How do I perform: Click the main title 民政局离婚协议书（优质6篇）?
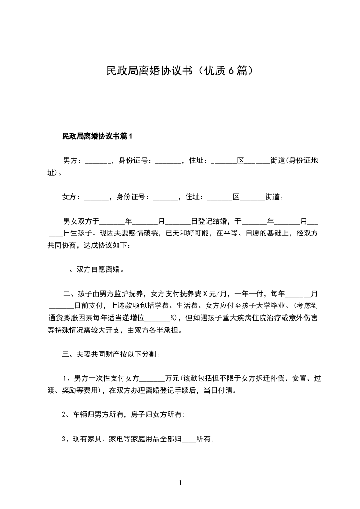179,71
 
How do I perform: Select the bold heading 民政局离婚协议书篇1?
97,136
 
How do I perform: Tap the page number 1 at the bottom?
180,483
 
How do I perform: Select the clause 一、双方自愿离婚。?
93,269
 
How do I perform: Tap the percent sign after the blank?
173,318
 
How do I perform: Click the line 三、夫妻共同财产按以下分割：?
110,354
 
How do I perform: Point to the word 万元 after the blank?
173,378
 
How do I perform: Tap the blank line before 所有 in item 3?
189,439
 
